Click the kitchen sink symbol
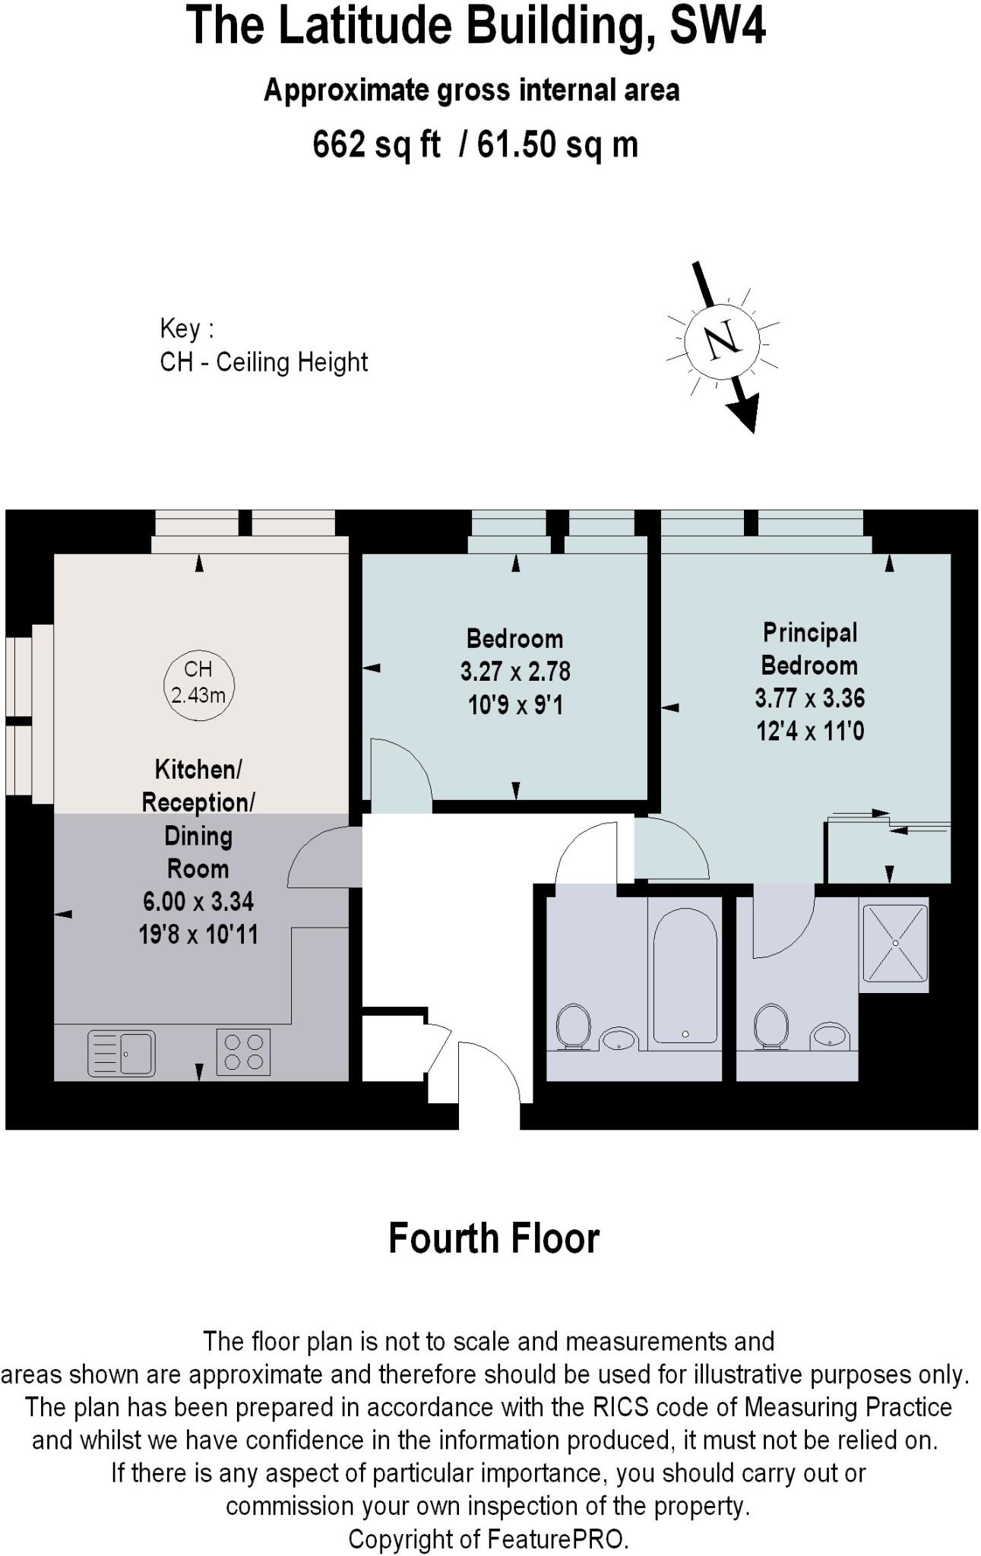122,1053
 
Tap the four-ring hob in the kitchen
243,1052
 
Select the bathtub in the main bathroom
685,976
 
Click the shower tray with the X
895,944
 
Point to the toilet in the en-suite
771,1026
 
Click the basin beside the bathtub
619,1039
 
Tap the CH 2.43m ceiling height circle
198,682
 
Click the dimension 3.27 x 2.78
515,672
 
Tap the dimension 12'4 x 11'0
810,732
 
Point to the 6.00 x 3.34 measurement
198,902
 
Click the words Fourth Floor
494,1238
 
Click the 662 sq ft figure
376,144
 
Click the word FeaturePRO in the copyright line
557,1539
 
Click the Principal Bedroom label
810,649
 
